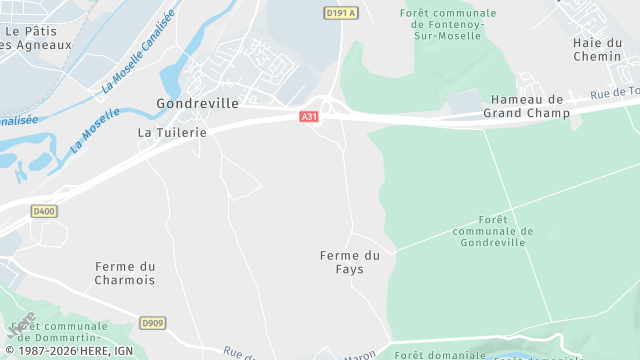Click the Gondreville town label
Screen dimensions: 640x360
pos(197,103)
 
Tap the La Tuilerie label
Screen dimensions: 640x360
pos(172,132)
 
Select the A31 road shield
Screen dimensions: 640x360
pos(309,117)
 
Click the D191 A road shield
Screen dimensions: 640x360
pos(340,13)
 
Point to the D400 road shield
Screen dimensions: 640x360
pos(44,211)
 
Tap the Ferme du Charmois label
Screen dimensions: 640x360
pos(125,273)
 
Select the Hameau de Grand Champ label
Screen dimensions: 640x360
pos(526,106)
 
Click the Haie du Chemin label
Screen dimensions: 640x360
pos(598,49)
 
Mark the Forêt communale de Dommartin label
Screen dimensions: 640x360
pos(65,332)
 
